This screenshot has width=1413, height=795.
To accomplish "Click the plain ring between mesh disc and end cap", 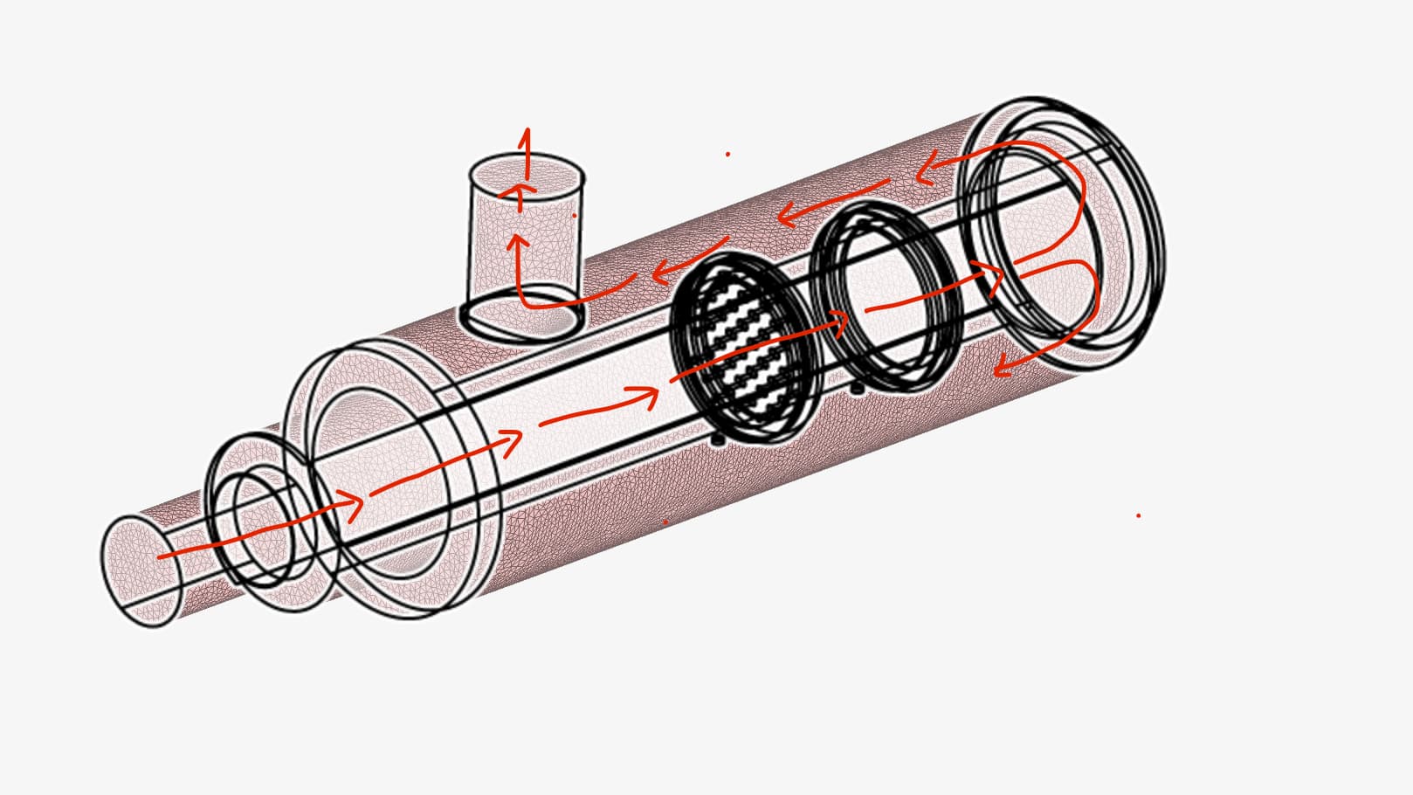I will point(886,297).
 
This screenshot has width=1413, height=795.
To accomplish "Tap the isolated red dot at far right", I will point(1138,515).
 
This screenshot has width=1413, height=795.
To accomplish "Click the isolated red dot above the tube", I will point(727,155).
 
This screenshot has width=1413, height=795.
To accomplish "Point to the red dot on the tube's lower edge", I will point(665,522).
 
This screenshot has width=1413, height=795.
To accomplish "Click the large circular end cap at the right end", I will point(1061,232).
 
